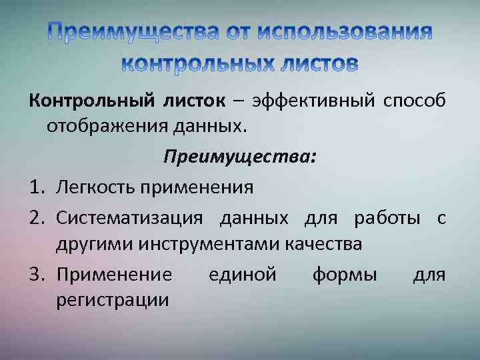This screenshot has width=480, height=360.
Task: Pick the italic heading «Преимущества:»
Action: (240, 157)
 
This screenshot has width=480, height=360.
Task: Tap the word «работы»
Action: (387, 218)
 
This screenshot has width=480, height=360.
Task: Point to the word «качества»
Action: (323, 243)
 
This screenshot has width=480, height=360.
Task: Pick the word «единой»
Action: (242, 275)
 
